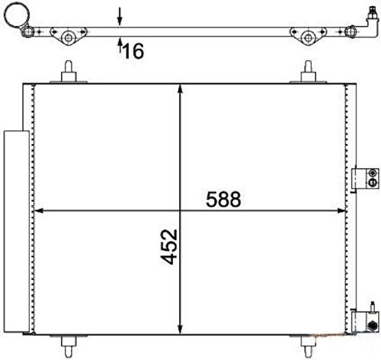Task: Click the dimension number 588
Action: point(224,199)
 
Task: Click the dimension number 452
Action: point(169,246)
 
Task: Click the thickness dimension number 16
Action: point(133,51)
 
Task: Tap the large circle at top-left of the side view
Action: point(17,14)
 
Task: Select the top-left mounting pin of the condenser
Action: point(69,71)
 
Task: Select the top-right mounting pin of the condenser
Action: point(308,71)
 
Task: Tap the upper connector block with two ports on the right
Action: point(366,178)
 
